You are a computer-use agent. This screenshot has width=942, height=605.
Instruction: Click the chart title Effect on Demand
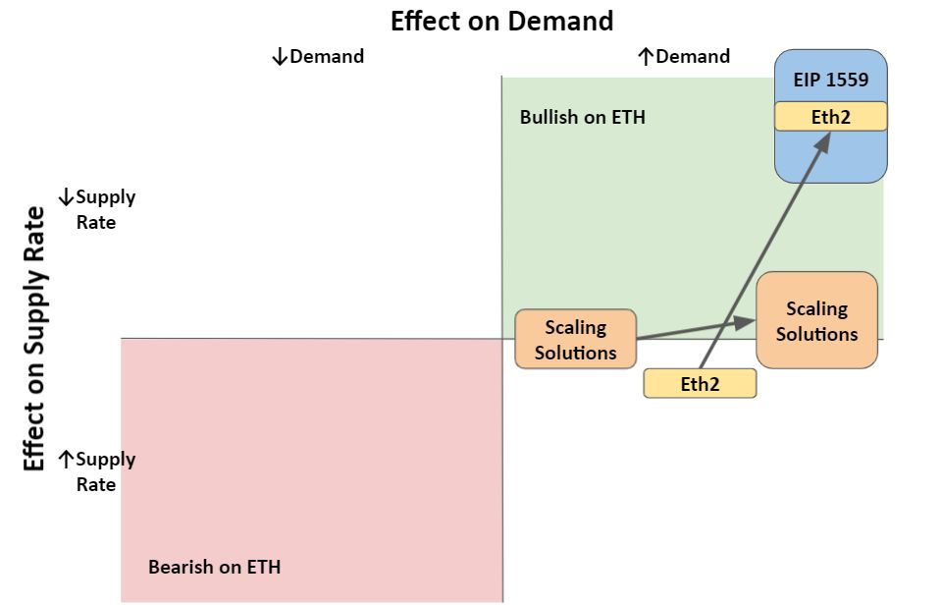(501, 21)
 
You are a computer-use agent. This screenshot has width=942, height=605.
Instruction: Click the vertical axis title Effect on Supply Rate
(34, 339)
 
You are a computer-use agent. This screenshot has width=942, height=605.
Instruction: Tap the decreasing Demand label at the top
(318, 57)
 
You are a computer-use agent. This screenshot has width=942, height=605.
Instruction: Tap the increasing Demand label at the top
(684, 57)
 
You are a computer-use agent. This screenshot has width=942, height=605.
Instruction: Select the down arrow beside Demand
(280, 57)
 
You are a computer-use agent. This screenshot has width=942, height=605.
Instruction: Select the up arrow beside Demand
(646, 57)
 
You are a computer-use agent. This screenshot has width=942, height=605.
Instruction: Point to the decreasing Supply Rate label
(97, 209)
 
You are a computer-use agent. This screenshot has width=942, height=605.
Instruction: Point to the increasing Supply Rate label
(97, 471)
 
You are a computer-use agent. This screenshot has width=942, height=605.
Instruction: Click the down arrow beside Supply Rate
(66, 197)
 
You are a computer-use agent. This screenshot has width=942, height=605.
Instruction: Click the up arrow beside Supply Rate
(66, 460)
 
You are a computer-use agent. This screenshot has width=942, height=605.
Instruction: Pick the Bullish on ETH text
(582, 117)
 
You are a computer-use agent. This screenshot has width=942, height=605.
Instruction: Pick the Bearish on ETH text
(215, 567)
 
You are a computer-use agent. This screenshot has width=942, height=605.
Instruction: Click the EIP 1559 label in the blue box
(831, 80)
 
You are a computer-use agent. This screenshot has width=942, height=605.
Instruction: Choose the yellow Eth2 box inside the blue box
(831, 116)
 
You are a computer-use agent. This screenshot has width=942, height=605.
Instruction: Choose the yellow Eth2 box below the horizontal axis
(700, 384)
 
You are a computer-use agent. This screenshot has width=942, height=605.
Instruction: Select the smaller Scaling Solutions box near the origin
(576, 339)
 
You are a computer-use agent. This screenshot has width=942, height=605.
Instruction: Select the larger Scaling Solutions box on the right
(817, 320)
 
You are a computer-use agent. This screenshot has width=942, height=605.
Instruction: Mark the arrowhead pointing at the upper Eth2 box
(823, 142)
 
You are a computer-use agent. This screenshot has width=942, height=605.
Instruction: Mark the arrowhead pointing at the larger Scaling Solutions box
(745, 322)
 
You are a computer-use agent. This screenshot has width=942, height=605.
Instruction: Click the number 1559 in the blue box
(847, 80)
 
